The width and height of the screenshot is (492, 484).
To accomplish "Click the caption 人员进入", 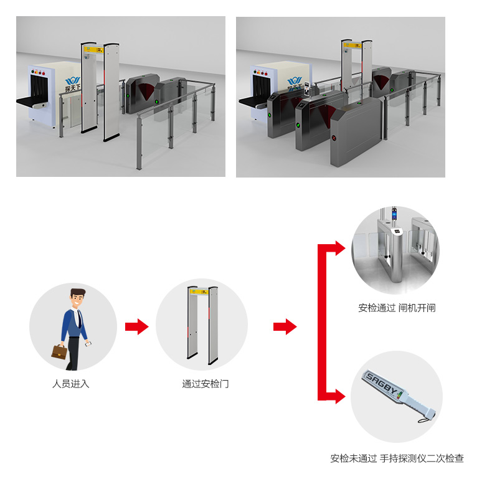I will point(70,384).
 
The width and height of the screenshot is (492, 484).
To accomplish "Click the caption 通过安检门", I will point(205,384).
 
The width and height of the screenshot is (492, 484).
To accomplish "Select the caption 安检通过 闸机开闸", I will point(397,308).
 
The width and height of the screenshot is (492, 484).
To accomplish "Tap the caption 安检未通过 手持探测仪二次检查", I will point(397,458).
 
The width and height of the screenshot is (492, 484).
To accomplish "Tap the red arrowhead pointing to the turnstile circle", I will point(339,248).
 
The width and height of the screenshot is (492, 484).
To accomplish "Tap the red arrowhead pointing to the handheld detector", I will point(339,396).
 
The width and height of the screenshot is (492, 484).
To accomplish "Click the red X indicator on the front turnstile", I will point(333,138).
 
